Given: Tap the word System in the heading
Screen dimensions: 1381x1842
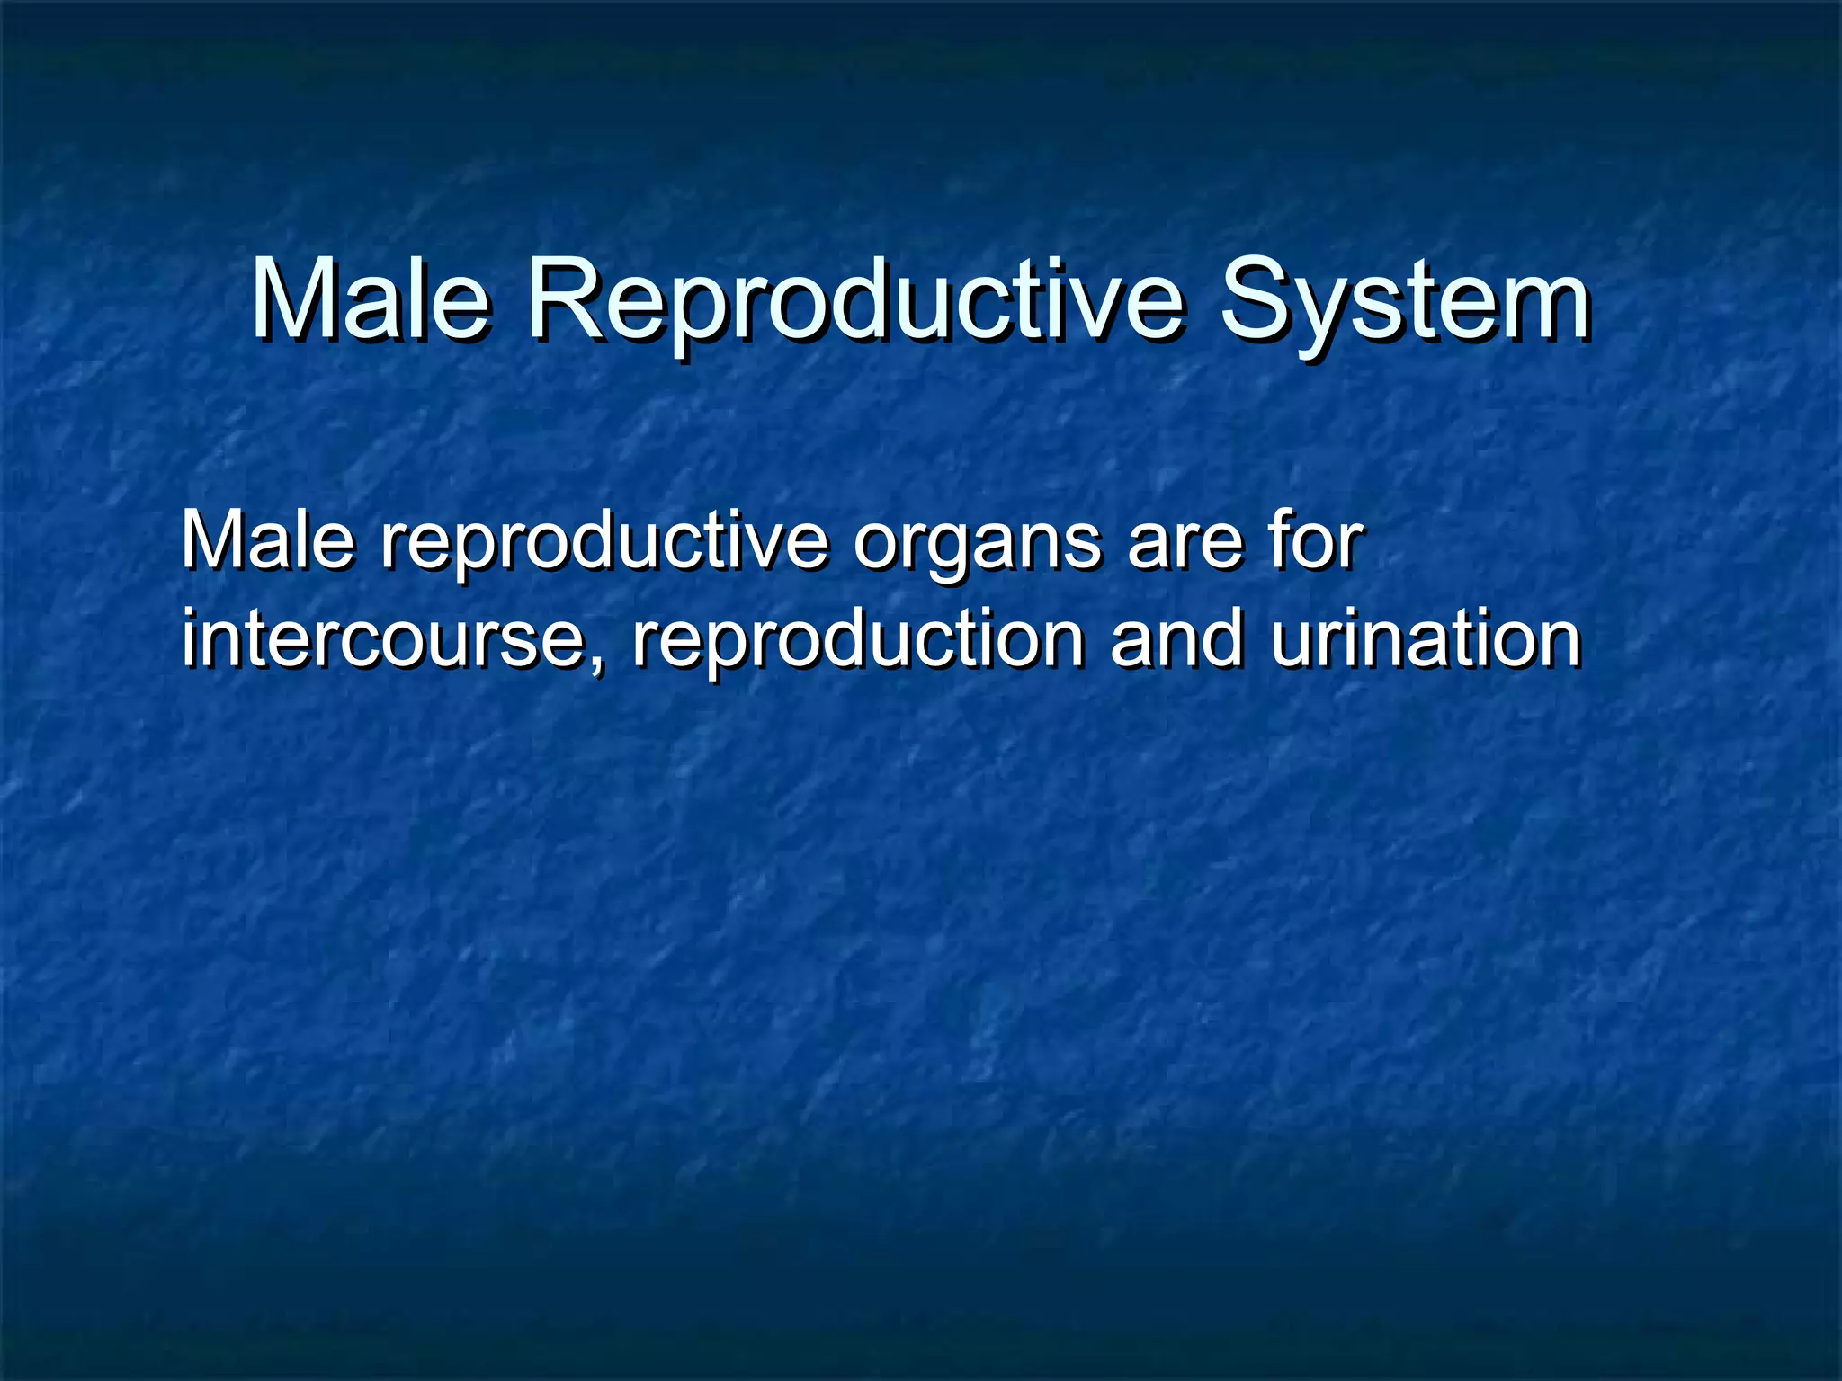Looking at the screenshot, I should click(1403, 301).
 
